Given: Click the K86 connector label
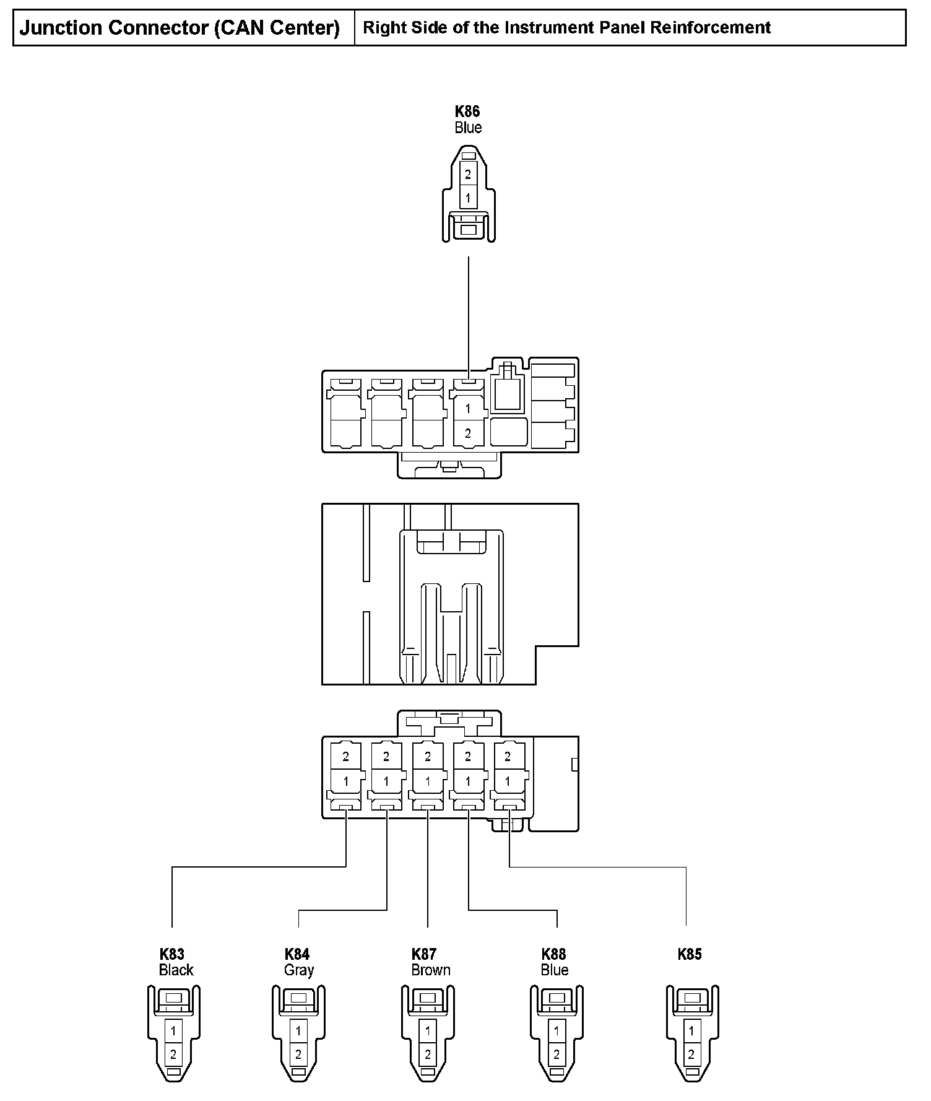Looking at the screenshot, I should pos(467,111).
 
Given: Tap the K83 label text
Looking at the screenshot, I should pos(172,954).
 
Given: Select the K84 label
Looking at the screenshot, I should pos(297,954).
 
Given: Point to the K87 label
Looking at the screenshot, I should pos(424,954).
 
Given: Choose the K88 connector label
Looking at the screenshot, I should pos(553,954).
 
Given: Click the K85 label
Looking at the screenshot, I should pos(690,954).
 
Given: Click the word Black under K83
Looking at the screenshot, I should pos(176,970).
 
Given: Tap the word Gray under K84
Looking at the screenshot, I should pos(299,970).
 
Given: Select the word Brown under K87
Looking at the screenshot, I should pos(431,970).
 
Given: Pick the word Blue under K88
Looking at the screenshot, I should pos(555,970).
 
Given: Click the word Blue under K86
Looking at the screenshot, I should pos(468,128).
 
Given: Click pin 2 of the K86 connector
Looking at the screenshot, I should pos(468,175).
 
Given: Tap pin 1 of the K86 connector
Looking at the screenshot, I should pos(468,199).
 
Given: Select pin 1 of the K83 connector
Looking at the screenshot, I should pos(173,1031).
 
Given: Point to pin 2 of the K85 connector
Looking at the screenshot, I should pos(691,1055).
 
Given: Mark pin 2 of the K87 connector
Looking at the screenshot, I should pos(428,1055).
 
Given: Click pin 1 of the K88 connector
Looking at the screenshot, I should pos(556,1031).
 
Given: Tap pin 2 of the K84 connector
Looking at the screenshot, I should pos(298,1055).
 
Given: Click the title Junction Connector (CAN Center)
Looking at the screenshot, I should pos(180,28).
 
